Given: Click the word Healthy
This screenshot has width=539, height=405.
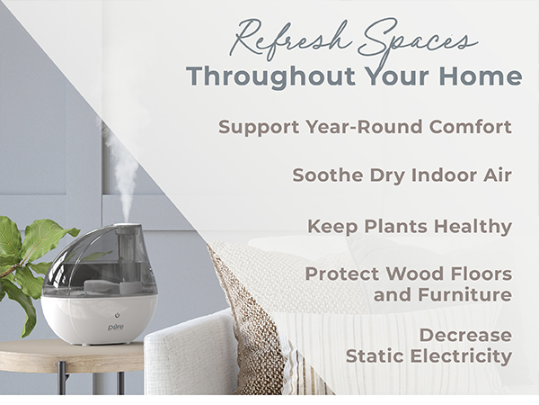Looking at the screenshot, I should pyautogui.click(x=471, y=225).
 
